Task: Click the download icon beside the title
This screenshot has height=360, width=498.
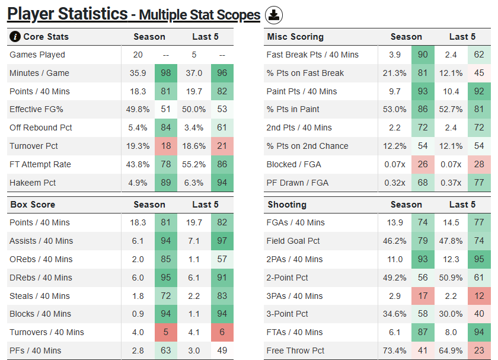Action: (273, 15)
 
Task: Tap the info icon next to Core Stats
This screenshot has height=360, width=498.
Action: (15, 37)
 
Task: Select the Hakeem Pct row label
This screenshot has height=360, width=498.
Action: (33, 183)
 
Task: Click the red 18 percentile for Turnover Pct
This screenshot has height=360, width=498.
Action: (166, 146)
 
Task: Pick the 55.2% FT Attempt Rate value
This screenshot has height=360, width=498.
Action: (194, 164)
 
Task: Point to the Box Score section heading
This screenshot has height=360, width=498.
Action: (33, 205)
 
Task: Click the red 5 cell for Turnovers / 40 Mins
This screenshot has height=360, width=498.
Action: (166, 332)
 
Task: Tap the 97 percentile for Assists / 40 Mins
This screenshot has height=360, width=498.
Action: (222, 241)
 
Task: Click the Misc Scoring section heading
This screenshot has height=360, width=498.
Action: (295, 37)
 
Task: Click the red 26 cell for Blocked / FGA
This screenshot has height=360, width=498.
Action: (423, 164)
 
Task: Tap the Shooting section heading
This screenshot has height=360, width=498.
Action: (287, 205)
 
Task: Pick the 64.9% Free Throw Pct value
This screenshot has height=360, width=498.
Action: (451, 351)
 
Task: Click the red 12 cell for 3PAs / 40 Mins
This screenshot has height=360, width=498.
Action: (479, 296)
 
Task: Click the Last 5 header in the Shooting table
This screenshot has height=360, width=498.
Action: (462, 205)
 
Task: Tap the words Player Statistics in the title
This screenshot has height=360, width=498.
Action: (68, 14)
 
